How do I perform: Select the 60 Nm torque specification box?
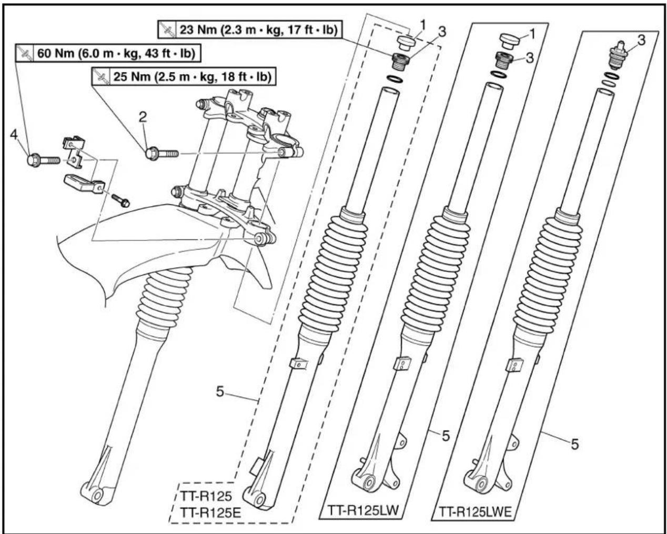[x=108, y=53]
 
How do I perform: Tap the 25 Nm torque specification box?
[x=184, y=77]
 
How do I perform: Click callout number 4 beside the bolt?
[x=14, y=135]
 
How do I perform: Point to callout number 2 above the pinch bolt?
[x=143, y=117]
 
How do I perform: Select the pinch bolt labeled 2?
[x=162, y=154]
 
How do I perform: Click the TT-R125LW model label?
[x=363, y=510]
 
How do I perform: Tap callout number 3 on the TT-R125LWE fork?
[x=641, y=40]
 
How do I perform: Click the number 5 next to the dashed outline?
[x=220, y=391]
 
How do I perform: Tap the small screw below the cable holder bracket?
[x=120, y=200]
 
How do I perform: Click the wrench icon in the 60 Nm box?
[x=25, y=53]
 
